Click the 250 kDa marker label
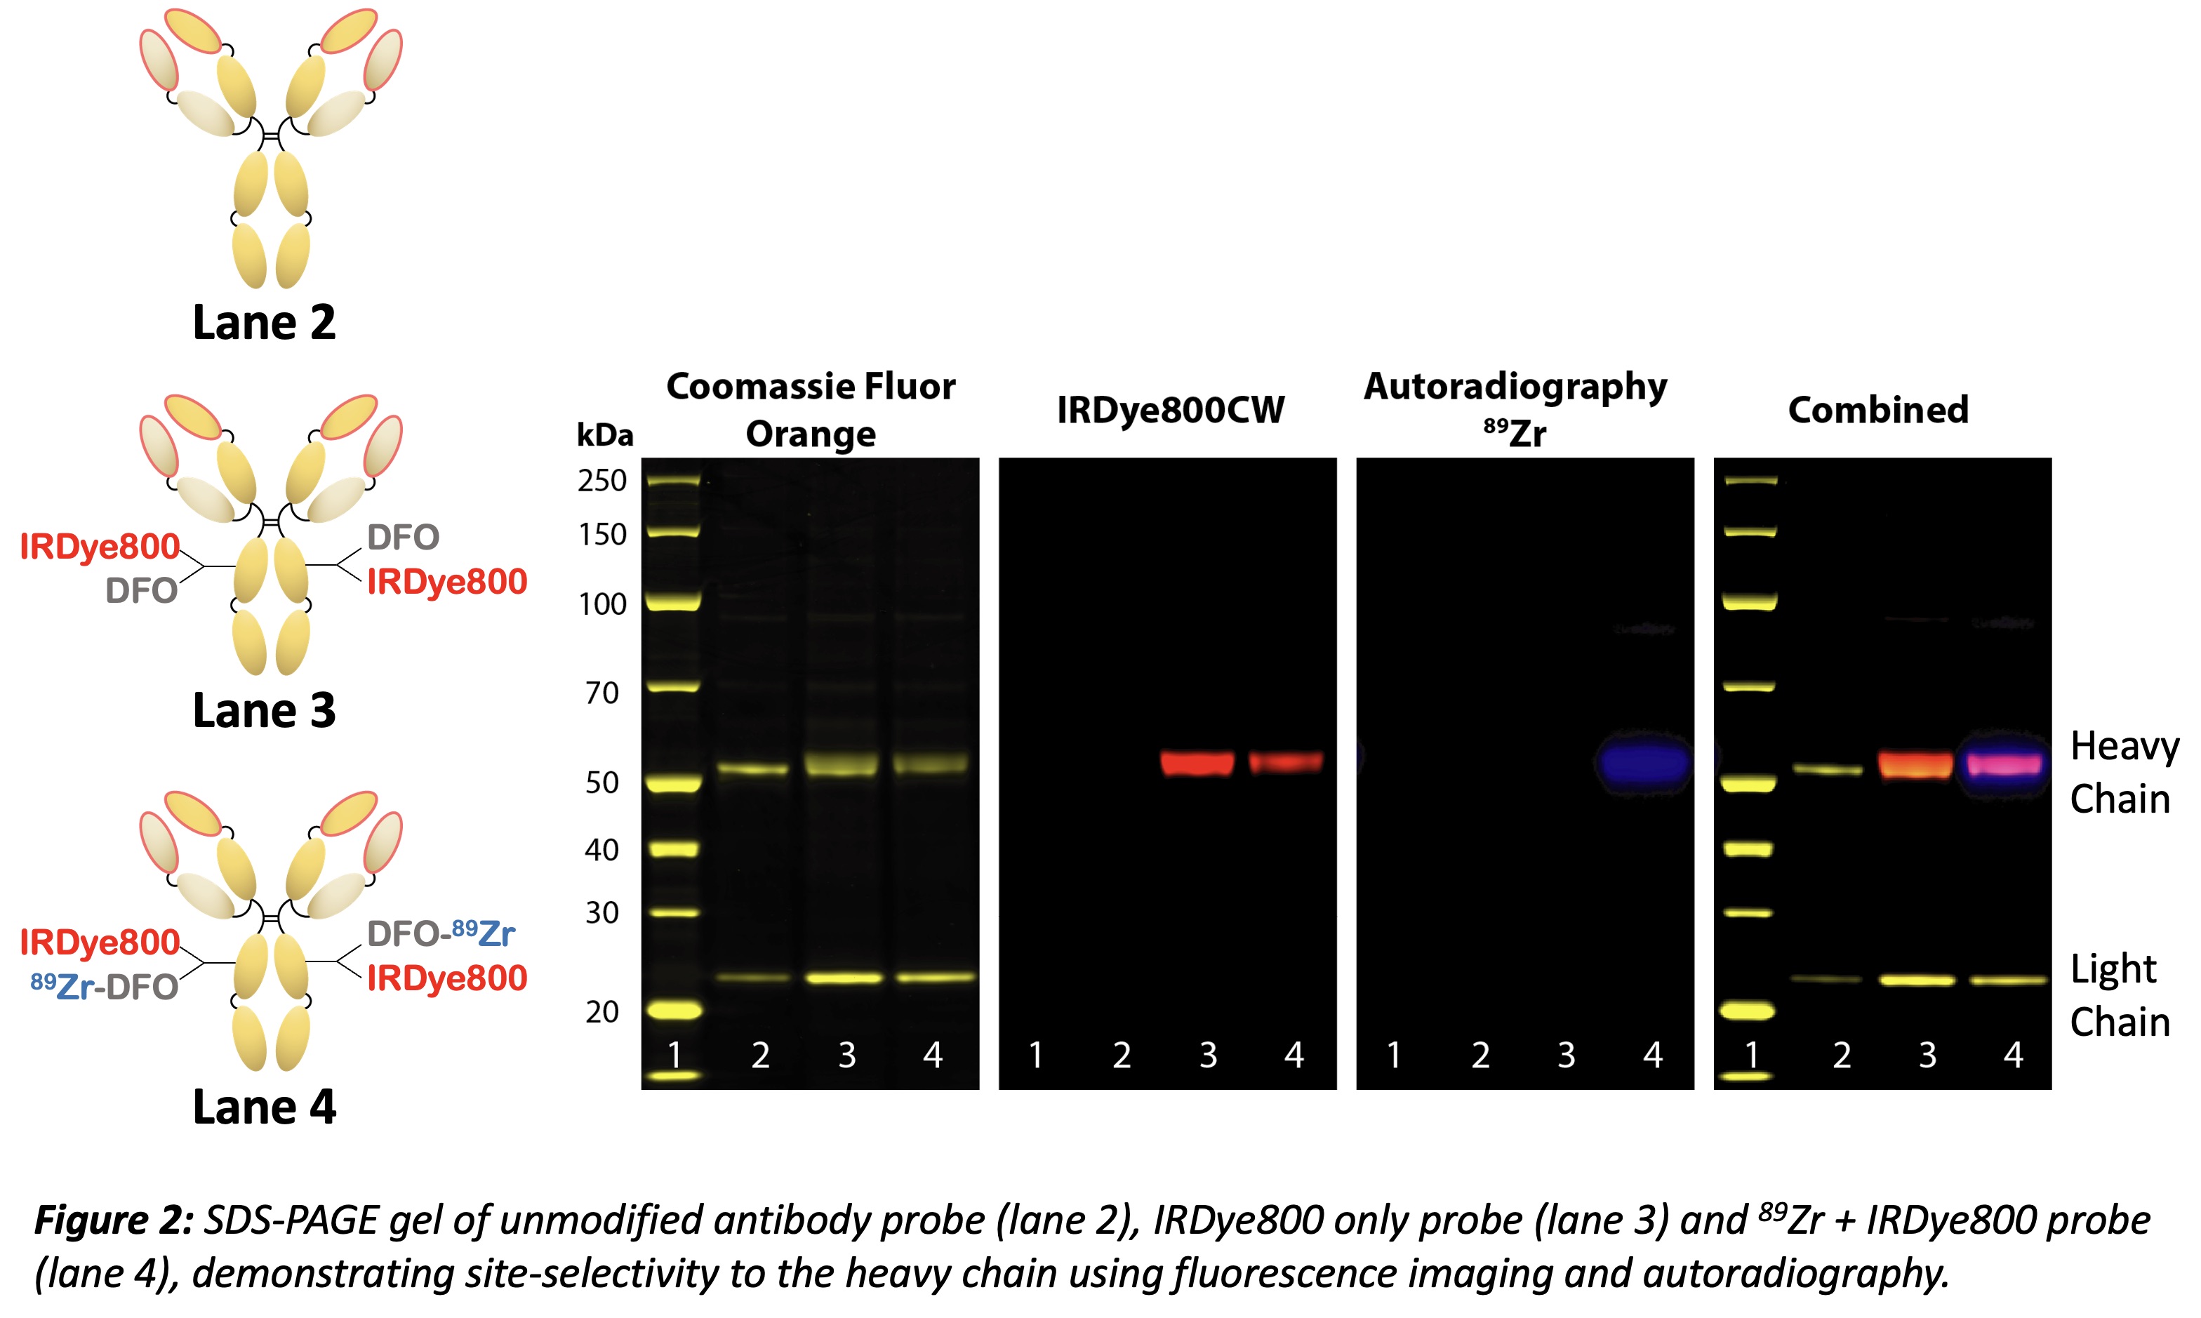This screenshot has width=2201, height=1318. coord(602,481)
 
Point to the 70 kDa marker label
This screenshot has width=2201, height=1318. coord(602,693)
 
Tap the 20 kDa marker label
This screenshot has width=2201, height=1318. coord(602,1011)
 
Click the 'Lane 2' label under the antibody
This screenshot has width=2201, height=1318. coord(264,321)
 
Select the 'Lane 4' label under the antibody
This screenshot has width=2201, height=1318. coord(264,1107)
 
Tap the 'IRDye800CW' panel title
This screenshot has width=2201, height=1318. coord(1170,409)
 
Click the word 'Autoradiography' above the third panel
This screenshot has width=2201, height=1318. coord(1515,386)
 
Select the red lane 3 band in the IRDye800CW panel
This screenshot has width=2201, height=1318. coord(1197,763)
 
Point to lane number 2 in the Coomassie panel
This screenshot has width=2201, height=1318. coord(760,1055)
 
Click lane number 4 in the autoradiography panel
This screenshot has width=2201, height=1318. coord(1652,1055)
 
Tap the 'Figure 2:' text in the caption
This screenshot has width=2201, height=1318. coord(114,1220)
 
